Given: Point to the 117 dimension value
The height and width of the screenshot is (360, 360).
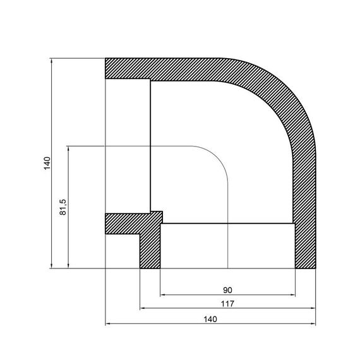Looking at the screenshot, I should tap(228, 304).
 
